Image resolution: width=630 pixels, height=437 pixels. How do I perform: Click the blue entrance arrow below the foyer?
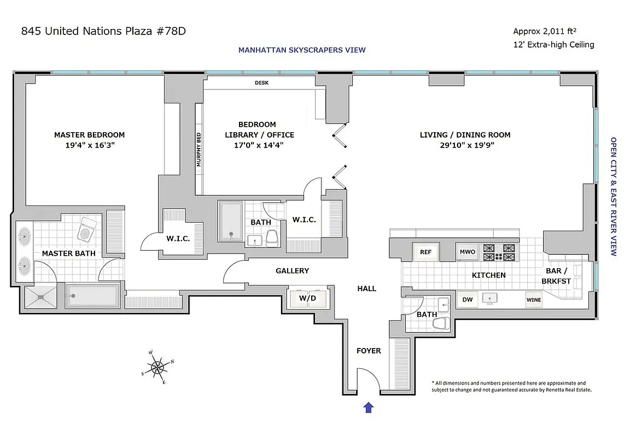(369, 407)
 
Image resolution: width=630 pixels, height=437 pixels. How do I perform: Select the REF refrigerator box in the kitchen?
(425, 252)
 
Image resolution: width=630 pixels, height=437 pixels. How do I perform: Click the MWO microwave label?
(468, 252)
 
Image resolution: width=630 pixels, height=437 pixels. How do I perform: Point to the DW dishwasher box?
(467, 299)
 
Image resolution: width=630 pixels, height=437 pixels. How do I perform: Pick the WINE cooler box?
(533, 300)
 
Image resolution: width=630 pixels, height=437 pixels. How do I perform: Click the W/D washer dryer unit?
(307, 298)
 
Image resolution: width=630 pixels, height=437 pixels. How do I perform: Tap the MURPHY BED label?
(199, 149)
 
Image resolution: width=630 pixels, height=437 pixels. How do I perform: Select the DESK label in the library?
(262, 83)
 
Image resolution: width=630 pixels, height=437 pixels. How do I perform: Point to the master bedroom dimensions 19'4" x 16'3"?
(89, 146)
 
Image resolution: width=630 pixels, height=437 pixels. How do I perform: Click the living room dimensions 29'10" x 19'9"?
(465, 146)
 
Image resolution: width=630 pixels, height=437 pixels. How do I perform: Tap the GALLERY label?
(292, 270)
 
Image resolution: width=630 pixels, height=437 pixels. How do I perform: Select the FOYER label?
(369, 351)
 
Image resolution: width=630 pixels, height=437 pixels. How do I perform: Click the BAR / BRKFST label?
(556, 276)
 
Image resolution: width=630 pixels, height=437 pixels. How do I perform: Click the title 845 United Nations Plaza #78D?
(103, 31)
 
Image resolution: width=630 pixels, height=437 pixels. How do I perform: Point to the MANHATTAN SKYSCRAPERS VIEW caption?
(301, 50)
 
